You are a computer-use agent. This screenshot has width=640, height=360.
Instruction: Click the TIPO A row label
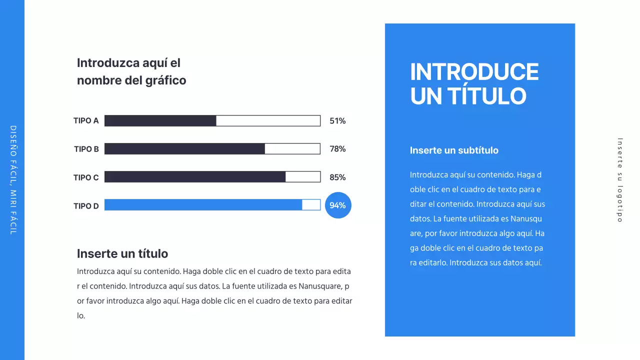(86, 120)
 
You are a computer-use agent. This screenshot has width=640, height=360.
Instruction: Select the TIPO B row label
(86, 149)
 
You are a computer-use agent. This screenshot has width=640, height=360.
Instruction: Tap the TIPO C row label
(86, 177)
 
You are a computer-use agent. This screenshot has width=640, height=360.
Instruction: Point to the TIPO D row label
(86, 206)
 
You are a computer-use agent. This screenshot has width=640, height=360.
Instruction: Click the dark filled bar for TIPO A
(160, 120)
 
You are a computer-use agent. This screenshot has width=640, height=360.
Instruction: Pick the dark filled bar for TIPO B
(184, 149)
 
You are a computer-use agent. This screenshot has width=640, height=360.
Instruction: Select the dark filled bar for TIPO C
(195, 177)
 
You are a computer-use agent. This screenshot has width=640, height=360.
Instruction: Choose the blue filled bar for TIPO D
(203, 205)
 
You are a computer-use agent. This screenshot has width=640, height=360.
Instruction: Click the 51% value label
(337, 120)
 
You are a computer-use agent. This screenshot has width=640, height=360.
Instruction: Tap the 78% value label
(337, 149)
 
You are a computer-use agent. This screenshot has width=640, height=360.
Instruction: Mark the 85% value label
(337, 177)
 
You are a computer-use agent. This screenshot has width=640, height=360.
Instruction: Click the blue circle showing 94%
(338, 205)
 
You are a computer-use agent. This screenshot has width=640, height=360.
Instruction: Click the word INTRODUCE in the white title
(474, 72)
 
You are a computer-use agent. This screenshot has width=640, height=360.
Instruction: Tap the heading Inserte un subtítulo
(454, 150)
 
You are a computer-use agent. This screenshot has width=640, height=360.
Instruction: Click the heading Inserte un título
(122, 253)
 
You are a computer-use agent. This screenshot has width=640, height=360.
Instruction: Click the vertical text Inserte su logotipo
(620, 180)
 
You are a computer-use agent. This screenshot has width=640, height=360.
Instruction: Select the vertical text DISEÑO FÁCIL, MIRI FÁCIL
(13, 180)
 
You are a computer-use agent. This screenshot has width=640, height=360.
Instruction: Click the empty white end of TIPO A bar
(268, 120)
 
